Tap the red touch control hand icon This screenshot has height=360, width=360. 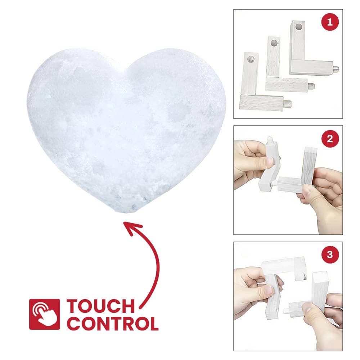coord(45,314)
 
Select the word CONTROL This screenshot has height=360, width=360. coord(112,324)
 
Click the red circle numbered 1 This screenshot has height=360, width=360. coord(330,22)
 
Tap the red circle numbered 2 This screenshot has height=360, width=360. coord(330,139)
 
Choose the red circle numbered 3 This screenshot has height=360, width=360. coord(330,255)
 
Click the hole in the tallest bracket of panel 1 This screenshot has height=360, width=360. coord(299,27)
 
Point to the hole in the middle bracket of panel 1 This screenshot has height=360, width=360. coord(274,43)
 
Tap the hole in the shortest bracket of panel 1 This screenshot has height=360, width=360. coord(251,59)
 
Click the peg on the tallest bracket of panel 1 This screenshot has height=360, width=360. coord(336,68)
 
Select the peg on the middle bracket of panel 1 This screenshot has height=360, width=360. coord(311,86)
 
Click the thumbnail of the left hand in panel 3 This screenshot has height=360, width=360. coord(267,290)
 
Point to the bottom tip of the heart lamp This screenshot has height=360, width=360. coord(126,213)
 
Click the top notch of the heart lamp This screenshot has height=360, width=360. coord(125,69)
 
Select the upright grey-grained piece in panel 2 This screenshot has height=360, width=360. coord(309,165)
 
